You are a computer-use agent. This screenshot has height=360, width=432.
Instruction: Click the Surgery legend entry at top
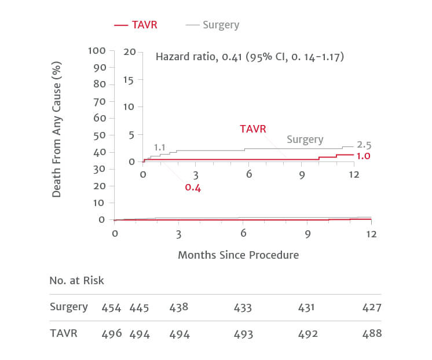click(213, 25)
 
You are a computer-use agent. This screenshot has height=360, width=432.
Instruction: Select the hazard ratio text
click(250, 57)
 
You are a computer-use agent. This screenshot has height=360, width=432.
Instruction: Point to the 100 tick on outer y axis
click(97, 50)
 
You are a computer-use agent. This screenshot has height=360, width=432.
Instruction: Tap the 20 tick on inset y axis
click(129, 52)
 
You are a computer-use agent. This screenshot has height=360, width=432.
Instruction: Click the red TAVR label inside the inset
click(253, 128)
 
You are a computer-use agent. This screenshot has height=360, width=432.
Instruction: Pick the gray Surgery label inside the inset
click(305, 139)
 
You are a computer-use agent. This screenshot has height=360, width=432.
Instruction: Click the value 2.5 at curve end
click(364, 144)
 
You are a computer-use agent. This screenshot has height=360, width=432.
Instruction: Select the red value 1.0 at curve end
click(363, 156)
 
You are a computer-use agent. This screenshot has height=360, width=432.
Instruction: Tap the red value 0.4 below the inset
click(193, 188)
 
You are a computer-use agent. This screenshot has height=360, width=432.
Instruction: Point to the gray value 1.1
click(160, 148)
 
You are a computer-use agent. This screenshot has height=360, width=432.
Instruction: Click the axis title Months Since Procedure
click(239, 255)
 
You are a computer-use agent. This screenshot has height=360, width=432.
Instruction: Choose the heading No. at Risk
click(77, 281)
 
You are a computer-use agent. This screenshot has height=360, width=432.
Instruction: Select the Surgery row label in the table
click(68, 307)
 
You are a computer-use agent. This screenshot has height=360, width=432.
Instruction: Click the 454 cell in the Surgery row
click(111, 307)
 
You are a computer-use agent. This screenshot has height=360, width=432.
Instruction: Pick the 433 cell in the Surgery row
click(243, 307)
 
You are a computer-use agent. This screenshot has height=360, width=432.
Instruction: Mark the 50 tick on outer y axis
click(99, 135)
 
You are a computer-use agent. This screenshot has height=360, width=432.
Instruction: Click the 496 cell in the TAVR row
click(111, 334)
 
